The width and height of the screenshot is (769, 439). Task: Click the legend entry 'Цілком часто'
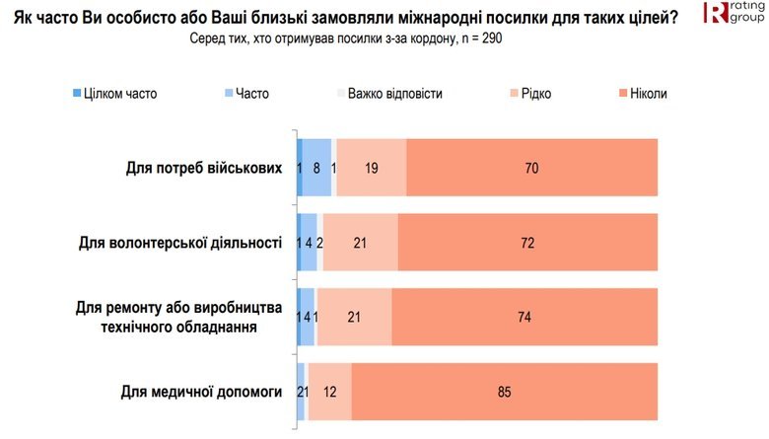[116, 94]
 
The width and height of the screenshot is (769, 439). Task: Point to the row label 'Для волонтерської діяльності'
[180, 242]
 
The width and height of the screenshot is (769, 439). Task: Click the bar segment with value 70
[531, 168]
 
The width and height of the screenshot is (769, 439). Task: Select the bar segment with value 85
[504, 393]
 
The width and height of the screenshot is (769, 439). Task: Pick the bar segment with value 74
[524, 317]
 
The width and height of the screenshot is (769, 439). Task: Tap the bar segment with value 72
[527, 242]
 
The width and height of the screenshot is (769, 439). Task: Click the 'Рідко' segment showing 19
[372, 168]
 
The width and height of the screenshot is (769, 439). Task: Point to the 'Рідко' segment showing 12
[330, 393]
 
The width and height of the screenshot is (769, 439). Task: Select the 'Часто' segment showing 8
[316, 168]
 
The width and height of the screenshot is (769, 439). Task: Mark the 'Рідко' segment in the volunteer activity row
[361, 242]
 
